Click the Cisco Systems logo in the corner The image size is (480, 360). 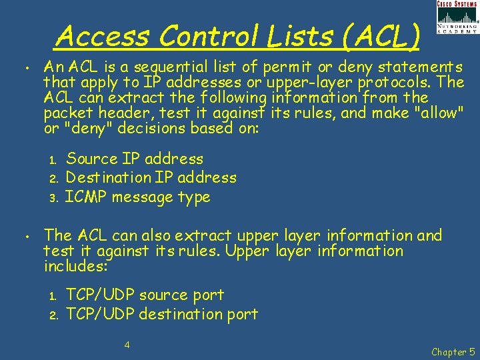click(x=457, y=17)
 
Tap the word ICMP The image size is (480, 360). click(x=86, y=197)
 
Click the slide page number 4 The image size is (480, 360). click(x=127, y=345)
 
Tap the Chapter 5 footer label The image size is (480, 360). click(x=453, y=351)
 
